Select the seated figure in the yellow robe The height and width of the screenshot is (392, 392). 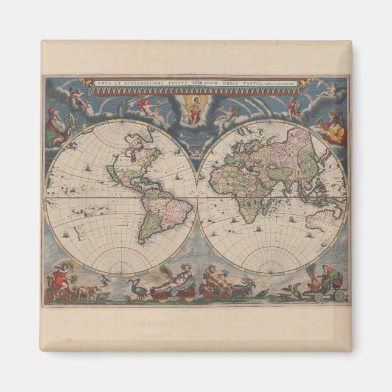click(x=333, y=128)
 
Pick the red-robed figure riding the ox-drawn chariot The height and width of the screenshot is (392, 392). click(x=61, y=281)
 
